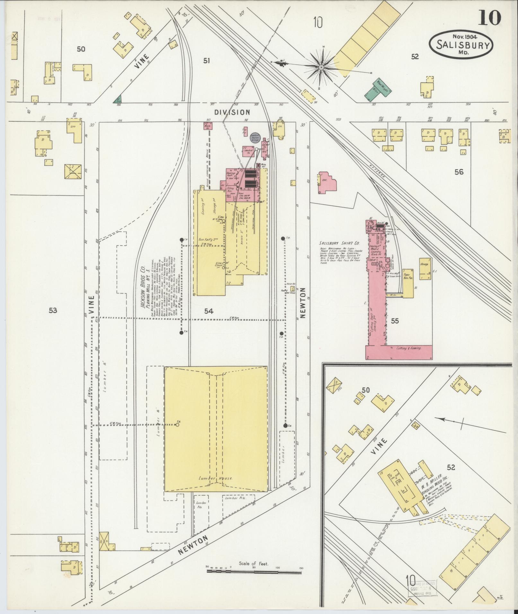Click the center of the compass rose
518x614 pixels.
tap(321, 67)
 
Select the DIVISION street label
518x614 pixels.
tap(232, 112)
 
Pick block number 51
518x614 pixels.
tap(206, 60)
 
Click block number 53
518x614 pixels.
tap(53, 310)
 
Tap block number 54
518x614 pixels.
tap(209, 311)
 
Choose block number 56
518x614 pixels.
tap(459, 172)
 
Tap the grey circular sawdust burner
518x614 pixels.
tap(255, 137)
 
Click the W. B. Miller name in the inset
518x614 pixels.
tap(432, 485)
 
